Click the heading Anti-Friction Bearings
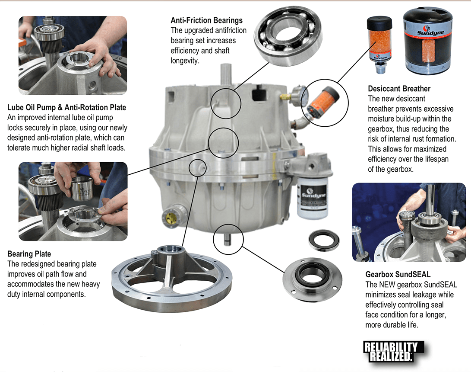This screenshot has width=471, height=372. pos(206,20)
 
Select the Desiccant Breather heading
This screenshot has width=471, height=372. pos(399,89)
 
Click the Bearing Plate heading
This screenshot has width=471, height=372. pos(29,254)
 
